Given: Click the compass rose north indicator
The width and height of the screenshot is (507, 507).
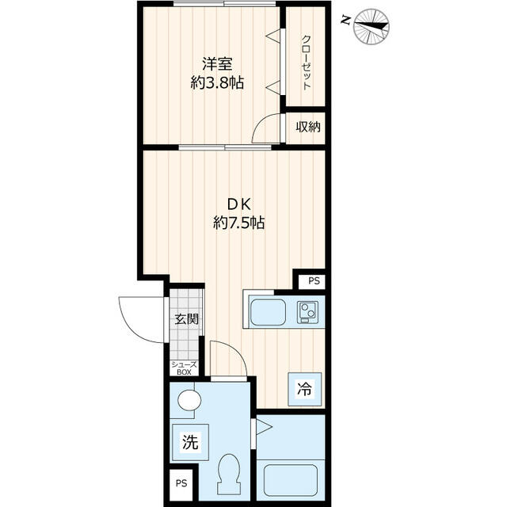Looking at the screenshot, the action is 372,26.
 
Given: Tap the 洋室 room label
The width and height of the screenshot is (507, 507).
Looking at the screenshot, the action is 217,63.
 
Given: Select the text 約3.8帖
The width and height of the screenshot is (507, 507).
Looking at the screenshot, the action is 217,83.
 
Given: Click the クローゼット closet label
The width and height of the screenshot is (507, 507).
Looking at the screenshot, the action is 306,63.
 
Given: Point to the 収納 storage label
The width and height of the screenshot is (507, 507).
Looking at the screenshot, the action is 308,127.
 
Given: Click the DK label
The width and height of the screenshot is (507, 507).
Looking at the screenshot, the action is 239,204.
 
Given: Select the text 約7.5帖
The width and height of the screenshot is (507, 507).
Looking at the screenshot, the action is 239,223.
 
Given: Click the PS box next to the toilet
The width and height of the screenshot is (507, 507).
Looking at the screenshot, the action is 181,483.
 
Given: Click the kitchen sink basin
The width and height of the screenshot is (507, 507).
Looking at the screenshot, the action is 268,312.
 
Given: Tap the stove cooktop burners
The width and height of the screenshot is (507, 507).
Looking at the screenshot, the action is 307,312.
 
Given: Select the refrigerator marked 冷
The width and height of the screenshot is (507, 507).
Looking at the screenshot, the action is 305,389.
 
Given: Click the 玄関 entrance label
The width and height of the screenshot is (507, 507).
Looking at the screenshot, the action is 187,319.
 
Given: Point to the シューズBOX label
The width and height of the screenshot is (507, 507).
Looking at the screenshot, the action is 184,368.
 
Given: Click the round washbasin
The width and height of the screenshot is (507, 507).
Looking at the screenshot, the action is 189,400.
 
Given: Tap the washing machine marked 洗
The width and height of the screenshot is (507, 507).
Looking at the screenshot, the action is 190,442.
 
